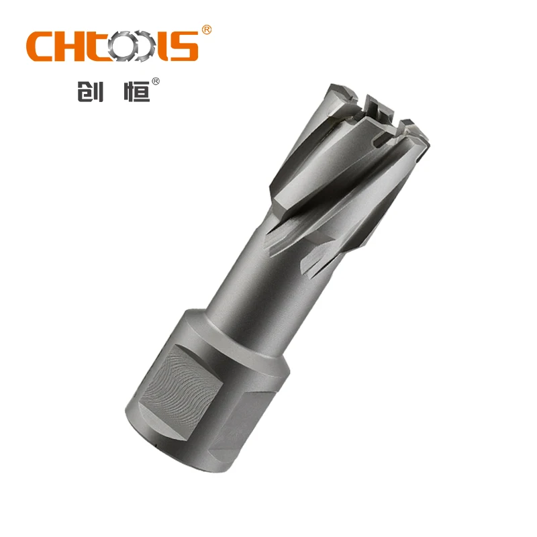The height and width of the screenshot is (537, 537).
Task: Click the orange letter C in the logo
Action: click(x=42, y=46)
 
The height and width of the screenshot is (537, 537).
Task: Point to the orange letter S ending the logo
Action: click(x=185, y=46)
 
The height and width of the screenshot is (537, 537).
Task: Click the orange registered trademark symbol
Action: click(x=207, y=30)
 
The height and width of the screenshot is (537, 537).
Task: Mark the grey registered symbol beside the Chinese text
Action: click(x=156, y=82)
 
